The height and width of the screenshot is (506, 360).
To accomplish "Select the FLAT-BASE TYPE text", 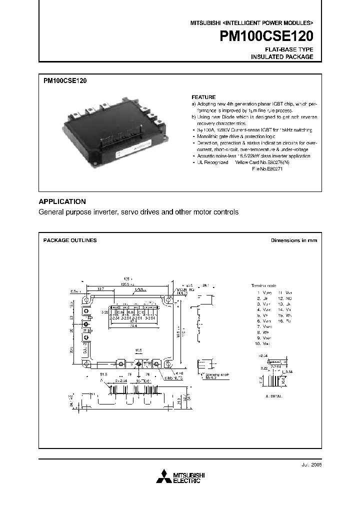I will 289,49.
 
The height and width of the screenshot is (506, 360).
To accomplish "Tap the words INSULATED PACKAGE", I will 282,57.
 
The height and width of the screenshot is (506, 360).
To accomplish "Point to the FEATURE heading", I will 203,97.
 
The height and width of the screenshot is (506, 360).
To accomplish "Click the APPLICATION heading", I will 62,201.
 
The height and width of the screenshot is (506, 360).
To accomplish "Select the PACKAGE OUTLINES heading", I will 70,240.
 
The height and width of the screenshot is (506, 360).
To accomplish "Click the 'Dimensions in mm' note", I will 294,240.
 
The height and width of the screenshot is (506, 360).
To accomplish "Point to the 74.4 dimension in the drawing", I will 132,324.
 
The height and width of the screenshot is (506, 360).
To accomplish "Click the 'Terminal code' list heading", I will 263,285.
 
